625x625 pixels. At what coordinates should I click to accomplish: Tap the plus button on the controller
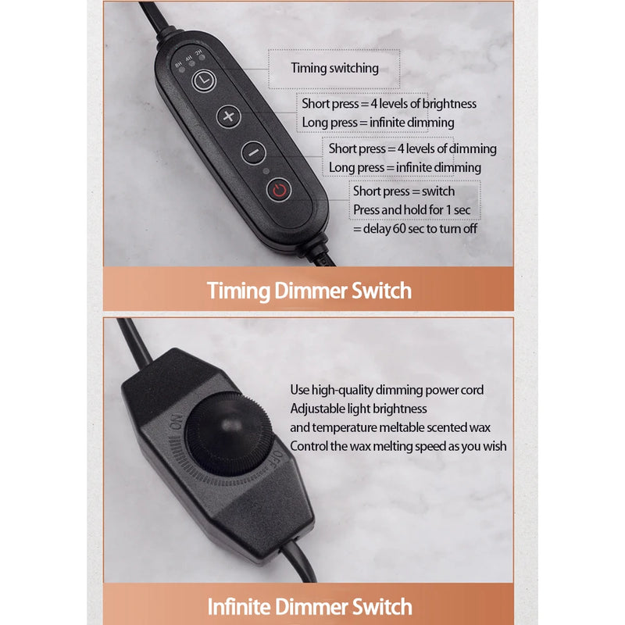(228, 116)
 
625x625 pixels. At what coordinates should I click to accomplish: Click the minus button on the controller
(253, 152)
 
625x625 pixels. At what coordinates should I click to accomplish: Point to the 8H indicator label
(178, 64)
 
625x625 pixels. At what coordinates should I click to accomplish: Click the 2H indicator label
(198, 52)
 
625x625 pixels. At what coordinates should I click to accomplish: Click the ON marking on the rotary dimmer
(176, 422)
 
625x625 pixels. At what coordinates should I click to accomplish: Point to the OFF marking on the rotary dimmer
(277, 459)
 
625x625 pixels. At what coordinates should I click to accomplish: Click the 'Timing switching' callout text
(335, 68)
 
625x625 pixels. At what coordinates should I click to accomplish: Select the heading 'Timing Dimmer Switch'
(309, 290)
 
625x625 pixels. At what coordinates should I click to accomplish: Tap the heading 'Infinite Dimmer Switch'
(309, 606)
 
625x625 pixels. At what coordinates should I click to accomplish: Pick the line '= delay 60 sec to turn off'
(415, 229)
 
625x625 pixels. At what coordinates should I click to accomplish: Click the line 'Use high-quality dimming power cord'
(387, 390)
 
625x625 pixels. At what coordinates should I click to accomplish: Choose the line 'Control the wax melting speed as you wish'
(398, 446)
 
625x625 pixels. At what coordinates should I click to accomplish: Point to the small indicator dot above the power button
(266, 171)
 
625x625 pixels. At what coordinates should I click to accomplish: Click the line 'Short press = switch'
(404, 191)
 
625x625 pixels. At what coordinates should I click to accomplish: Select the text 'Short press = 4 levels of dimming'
(412, 148)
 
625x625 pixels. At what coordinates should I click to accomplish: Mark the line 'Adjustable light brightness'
(359, 409)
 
